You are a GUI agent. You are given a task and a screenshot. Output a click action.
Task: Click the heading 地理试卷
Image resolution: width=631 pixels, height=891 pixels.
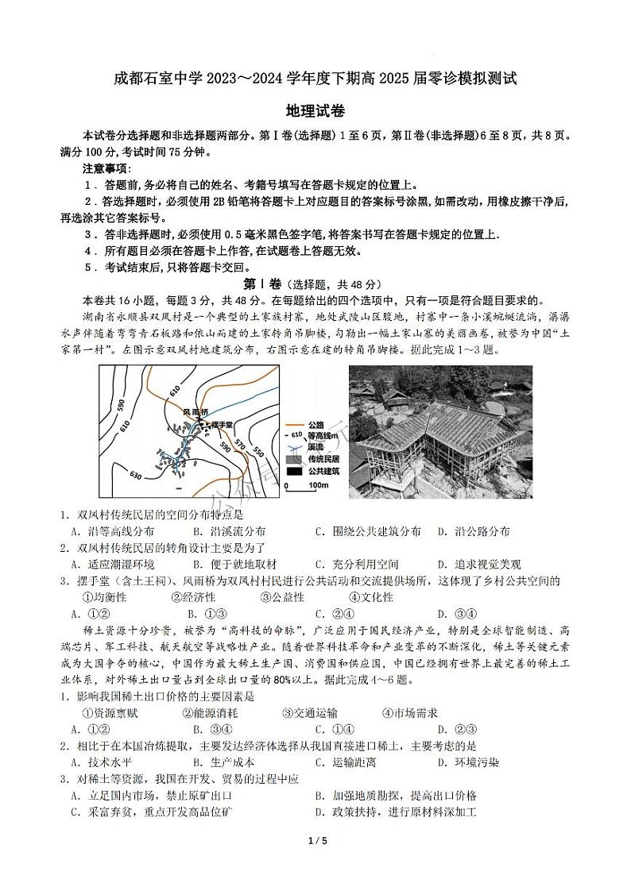pos(315,112)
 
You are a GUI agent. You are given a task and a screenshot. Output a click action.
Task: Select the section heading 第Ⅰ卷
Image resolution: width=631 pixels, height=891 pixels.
pos(261,284)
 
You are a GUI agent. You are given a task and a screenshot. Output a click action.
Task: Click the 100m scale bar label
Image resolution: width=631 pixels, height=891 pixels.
pos(319,484)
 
